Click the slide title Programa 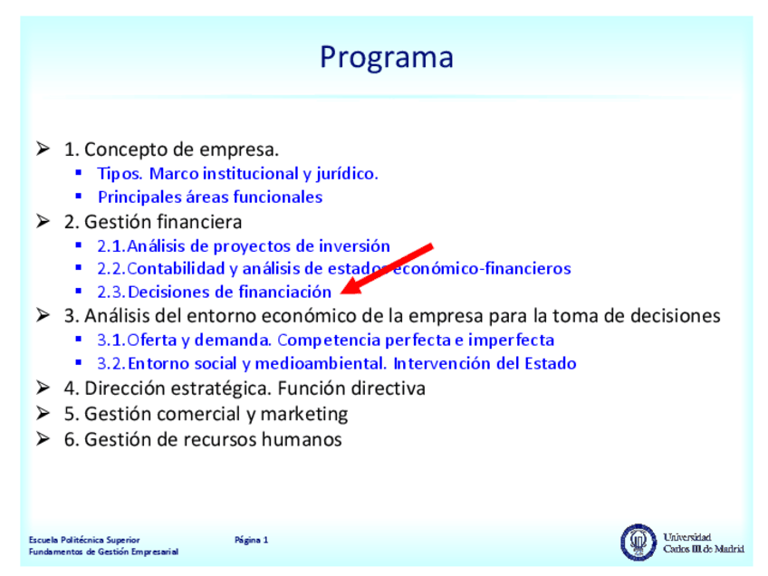387,58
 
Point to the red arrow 387,269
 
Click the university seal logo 638,542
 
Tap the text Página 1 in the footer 251,541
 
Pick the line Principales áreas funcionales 210,197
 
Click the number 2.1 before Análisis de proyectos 111,245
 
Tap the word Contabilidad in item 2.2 176,268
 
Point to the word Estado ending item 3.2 551,363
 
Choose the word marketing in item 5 304,415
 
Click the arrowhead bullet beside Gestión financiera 43,221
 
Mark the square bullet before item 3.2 79,363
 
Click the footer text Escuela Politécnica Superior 84,540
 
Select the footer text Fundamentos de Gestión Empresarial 103,552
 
